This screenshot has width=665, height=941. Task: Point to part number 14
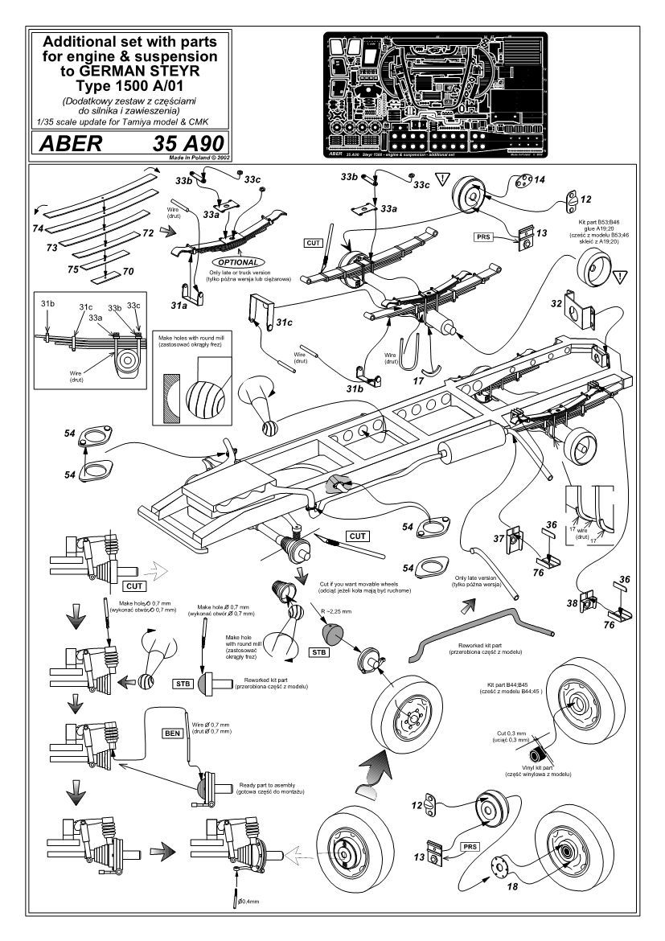536,180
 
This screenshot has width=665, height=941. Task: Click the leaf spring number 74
38,229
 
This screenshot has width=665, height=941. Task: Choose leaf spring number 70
127,272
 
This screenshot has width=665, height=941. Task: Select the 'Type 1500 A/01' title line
129,84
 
